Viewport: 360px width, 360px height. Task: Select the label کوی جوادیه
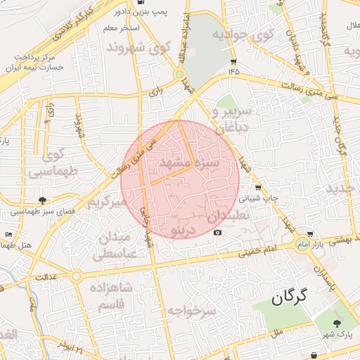243,35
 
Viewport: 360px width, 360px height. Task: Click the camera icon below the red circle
217,233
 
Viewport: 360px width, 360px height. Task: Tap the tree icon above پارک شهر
337,323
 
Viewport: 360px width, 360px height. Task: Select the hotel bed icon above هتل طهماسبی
8,234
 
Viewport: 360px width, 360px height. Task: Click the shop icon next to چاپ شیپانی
259,188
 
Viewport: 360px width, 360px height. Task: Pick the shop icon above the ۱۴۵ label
233,61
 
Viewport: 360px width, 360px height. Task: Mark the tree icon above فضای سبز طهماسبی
43,200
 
